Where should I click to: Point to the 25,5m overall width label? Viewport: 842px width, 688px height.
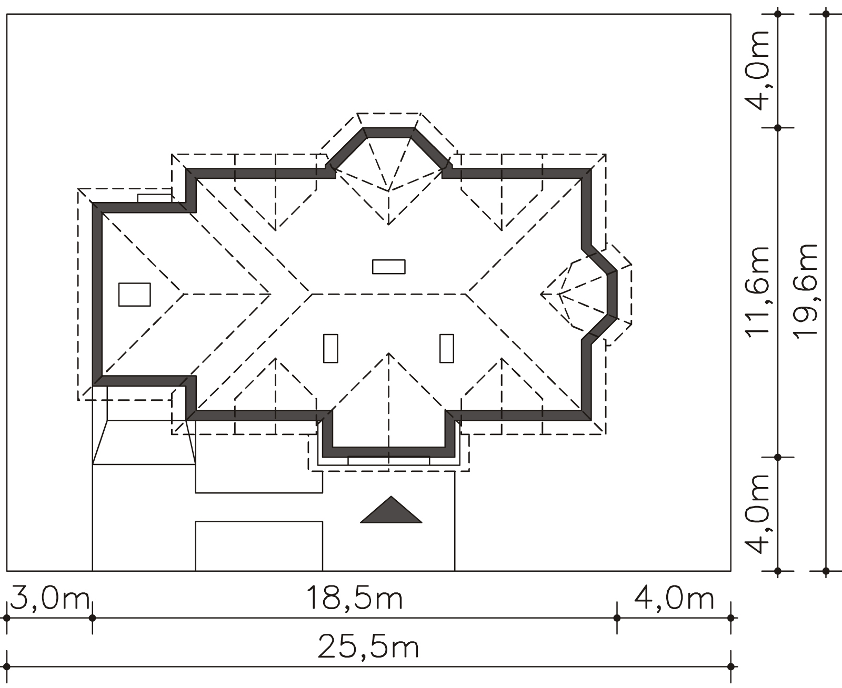[x=368, y=648]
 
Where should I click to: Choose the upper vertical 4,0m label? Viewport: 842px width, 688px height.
[x=757, y=70]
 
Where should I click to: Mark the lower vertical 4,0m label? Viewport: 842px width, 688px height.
[x=757, y=514]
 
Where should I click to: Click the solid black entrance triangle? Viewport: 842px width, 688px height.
[x=391, y=510]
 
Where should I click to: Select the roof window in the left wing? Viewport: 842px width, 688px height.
[x=135, y=295]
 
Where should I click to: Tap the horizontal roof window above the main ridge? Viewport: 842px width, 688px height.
[x=389, y=267]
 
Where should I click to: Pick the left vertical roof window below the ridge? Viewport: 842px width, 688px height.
[x=330, y=348]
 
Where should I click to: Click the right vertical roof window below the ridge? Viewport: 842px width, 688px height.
[x=447, y=348]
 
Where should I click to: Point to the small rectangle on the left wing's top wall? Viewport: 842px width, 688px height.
[x=155, y=198]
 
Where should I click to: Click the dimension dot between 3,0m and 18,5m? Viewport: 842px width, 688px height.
[x=92, y=618]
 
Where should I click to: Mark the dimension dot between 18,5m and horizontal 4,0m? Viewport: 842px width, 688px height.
[x=617, y=618]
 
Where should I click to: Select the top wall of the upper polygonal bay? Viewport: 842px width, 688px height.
[x=389, y=133]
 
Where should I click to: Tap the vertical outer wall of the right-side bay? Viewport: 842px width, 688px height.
[x=612, y=295]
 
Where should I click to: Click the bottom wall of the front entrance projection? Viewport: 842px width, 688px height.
[x=388, y=452]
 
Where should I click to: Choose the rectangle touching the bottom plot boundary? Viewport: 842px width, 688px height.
[x=259, y=546]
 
